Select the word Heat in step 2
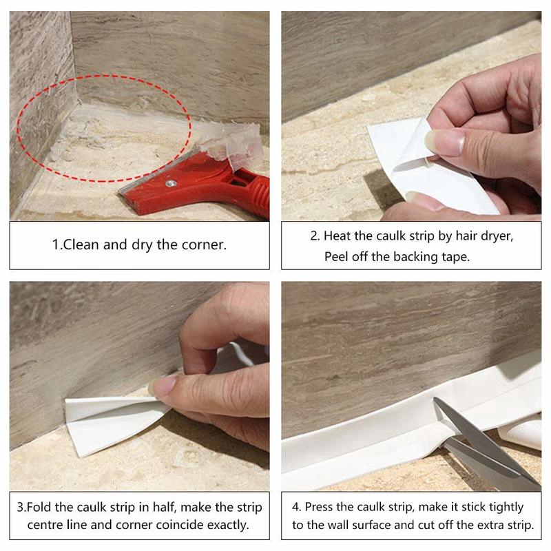click(339, 236)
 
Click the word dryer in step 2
click(496, 236)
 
